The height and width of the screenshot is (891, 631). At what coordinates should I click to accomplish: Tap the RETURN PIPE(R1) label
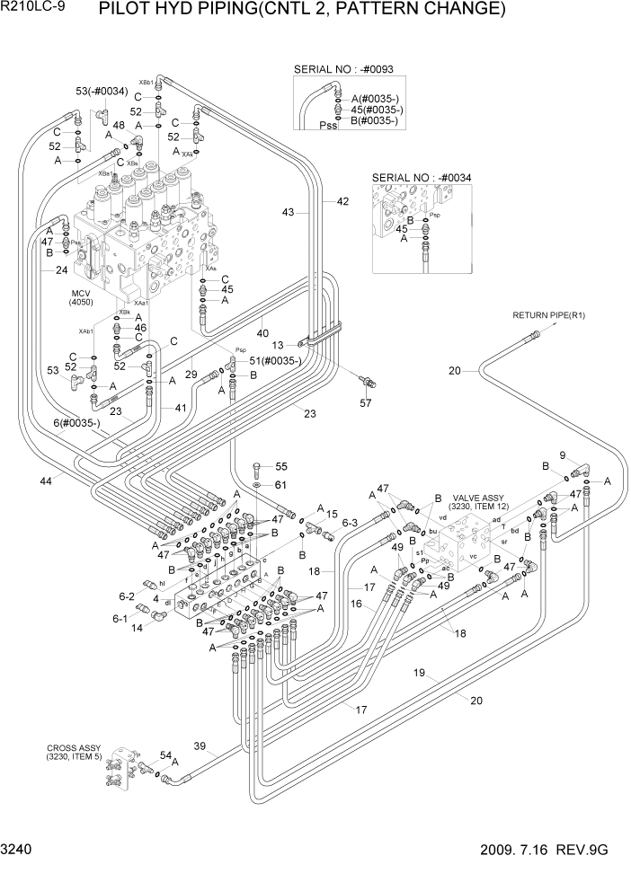(548, 315)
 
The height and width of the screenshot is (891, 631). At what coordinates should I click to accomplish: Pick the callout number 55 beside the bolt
(280, 466)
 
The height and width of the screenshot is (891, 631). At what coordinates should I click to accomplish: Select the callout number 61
(280, 485)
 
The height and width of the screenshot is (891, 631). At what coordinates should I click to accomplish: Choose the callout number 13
(278, 345)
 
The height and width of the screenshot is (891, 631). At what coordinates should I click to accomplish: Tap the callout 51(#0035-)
(270, 360)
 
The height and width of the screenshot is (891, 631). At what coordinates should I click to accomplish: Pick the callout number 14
(137, 629)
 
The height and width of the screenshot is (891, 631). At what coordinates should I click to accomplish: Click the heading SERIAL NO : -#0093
(343, 69)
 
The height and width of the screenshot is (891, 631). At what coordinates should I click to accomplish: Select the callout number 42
(342, 202)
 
